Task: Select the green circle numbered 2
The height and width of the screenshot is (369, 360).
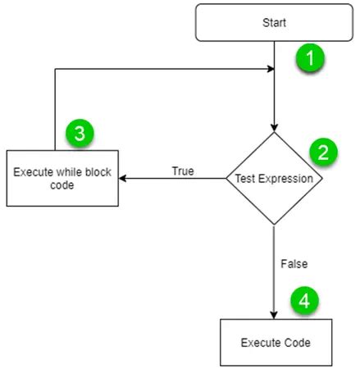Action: pyautogui.click(x=322, y=152)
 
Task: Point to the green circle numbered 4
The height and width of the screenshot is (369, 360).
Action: pyautogui.click(x=304, y=301)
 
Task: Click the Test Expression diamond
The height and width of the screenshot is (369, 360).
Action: pyautogui.click(x=274, y=178)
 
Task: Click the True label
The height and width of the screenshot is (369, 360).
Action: pyautogui.click(x=182, y=171)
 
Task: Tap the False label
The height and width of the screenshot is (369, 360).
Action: pyautogui.click(x=294, y=264)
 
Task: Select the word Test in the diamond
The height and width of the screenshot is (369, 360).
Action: pyautogui.click(x=245, y=178)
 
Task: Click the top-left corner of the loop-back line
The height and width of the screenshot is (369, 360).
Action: pyautogui.click(x=55, y=70)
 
